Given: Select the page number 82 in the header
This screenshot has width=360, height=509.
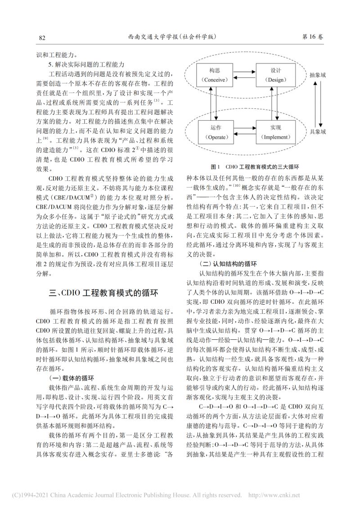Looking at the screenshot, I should (x=43, y=37).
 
